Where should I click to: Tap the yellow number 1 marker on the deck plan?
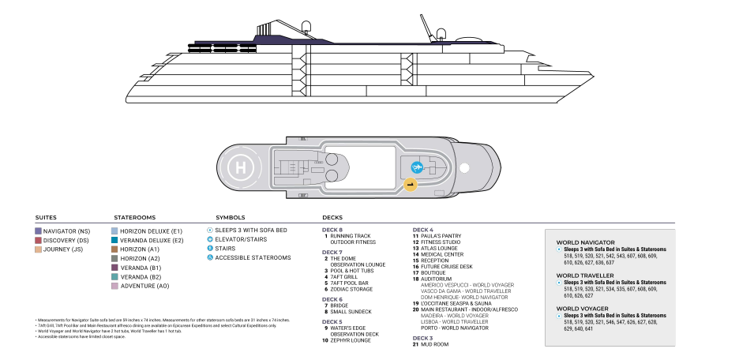[410, 184]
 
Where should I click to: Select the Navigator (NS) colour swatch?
[39, 231]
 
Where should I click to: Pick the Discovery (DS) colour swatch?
[39, 240]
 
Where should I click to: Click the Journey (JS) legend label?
[62, 249]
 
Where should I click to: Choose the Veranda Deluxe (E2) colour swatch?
[114, 240]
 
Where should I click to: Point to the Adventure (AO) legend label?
[144, 286]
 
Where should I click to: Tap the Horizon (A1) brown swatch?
[114, 249]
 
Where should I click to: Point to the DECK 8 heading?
[332, 229]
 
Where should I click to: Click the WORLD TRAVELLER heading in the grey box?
[585, 276]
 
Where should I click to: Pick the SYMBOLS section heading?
[231, 217]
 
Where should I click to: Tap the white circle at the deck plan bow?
[465, 167]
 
